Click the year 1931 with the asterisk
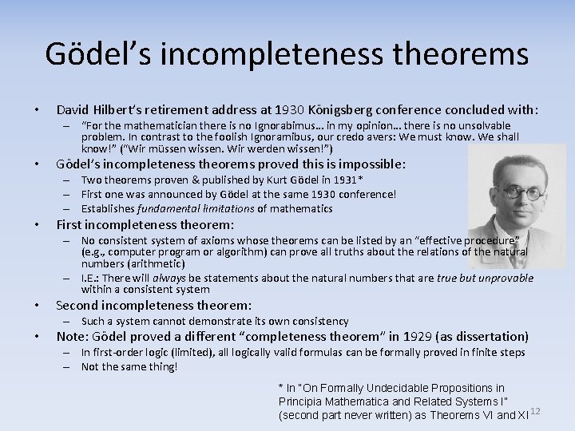click(x=327, y=180)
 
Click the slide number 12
click(x=535, y=411)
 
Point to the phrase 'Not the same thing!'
click(x=129, y=367)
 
